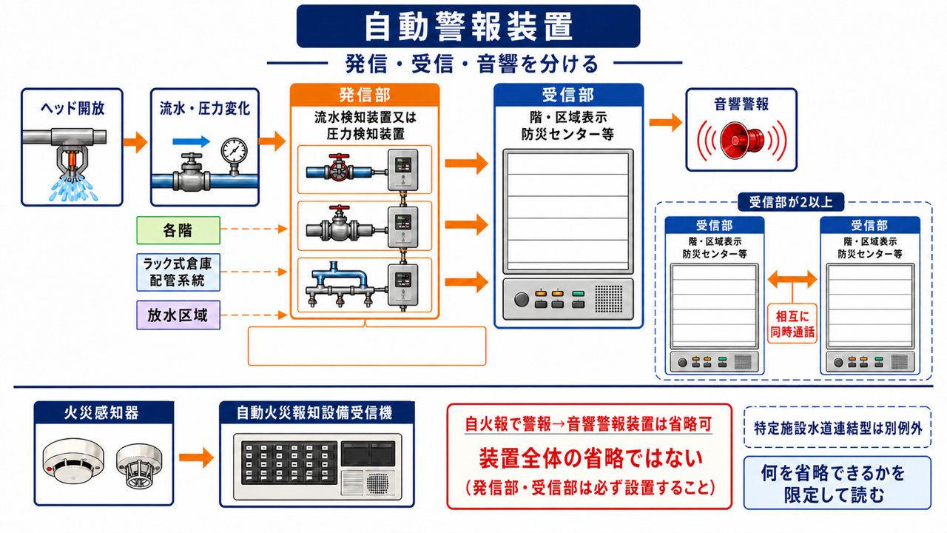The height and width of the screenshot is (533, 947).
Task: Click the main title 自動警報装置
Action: click(468, 26)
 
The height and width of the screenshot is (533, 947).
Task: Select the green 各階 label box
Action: click(178, 230)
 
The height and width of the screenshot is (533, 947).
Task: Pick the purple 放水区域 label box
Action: click(178, 315)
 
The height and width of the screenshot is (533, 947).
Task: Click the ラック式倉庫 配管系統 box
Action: click(178, 272)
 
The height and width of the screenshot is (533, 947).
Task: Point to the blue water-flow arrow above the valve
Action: click(191, 141)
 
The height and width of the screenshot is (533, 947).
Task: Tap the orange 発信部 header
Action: click(365, 95)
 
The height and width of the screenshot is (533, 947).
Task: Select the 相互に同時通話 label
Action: click(792, 324)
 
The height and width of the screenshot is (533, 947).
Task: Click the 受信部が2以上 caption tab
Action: click(791, 202)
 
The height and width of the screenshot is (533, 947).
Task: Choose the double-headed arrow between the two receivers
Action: click(792, 279)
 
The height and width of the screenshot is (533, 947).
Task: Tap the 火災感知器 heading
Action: click(101, 413)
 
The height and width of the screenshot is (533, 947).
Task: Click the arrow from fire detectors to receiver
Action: click(197, 457)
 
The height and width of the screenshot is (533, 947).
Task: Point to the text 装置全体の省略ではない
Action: click(590, 458)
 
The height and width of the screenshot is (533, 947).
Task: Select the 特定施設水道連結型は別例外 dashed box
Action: click(838, 427)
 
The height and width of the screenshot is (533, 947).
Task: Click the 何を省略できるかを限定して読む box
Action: click(838, 483)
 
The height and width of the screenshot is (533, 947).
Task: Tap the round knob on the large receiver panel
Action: click(522, 299)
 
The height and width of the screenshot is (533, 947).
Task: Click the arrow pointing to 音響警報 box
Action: click(666, 123)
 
